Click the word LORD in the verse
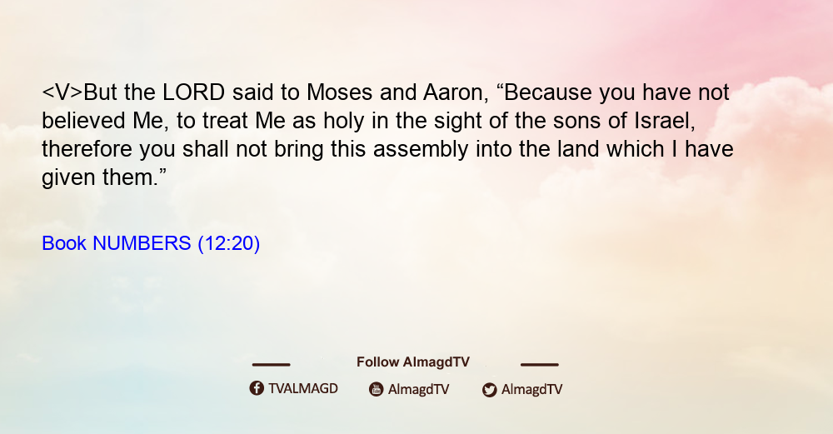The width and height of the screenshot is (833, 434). coord(194,92)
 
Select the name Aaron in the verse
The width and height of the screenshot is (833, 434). coord(456,92)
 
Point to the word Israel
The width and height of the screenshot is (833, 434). coord(665,121)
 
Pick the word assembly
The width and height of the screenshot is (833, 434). coord(421,149)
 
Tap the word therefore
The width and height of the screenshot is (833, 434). coord(87,149)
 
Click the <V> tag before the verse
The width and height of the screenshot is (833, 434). coord(62,92)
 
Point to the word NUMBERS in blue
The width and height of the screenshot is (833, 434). coord(142,243)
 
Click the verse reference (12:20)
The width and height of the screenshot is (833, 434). coord(229,244)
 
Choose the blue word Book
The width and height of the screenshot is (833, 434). coord(64,243)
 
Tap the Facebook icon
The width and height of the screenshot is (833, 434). coord(257,388)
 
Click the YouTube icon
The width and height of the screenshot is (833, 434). coord(377,389)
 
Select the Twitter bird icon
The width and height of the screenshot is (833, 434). coord(489,390)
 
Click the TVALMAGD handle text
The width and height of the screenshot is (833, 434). coord(303,388)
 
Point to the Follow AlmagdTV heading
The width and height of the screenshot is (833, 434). coord(413,362)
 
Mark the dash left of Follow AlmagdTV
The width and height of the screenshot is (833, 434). coord(271,364)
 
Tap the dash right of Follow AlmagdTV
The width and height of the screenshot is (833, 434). coord(539,364)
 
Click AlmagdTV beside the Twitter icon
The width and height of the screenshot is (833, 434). coord(531,389)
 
